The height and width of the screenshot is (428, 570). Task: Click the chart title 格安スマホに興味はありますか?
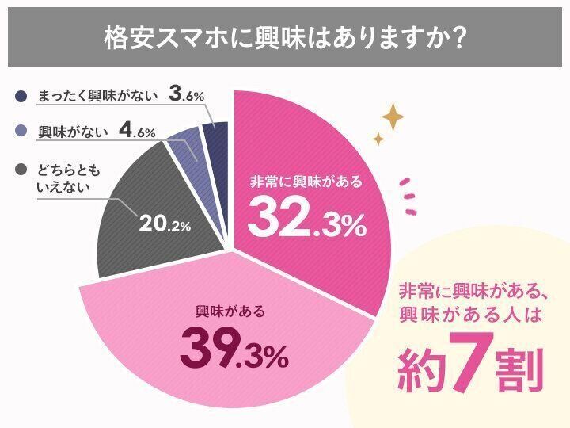pos(284,37)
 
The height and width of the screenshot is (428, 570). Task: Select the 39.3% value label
pos(234,350)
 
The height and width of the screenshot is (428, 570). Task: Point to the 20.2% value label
pos(165,224)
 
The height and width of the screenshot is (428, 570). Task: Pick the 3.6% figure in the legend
pos(187,94)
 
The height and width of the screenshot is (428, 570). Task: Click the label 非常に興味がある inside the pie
pos(305,182)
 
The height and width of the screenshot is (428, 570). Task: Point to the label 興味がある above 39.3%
pos(230,311)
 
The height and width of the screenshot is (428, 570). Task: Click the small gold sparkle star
pos(378,139)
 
